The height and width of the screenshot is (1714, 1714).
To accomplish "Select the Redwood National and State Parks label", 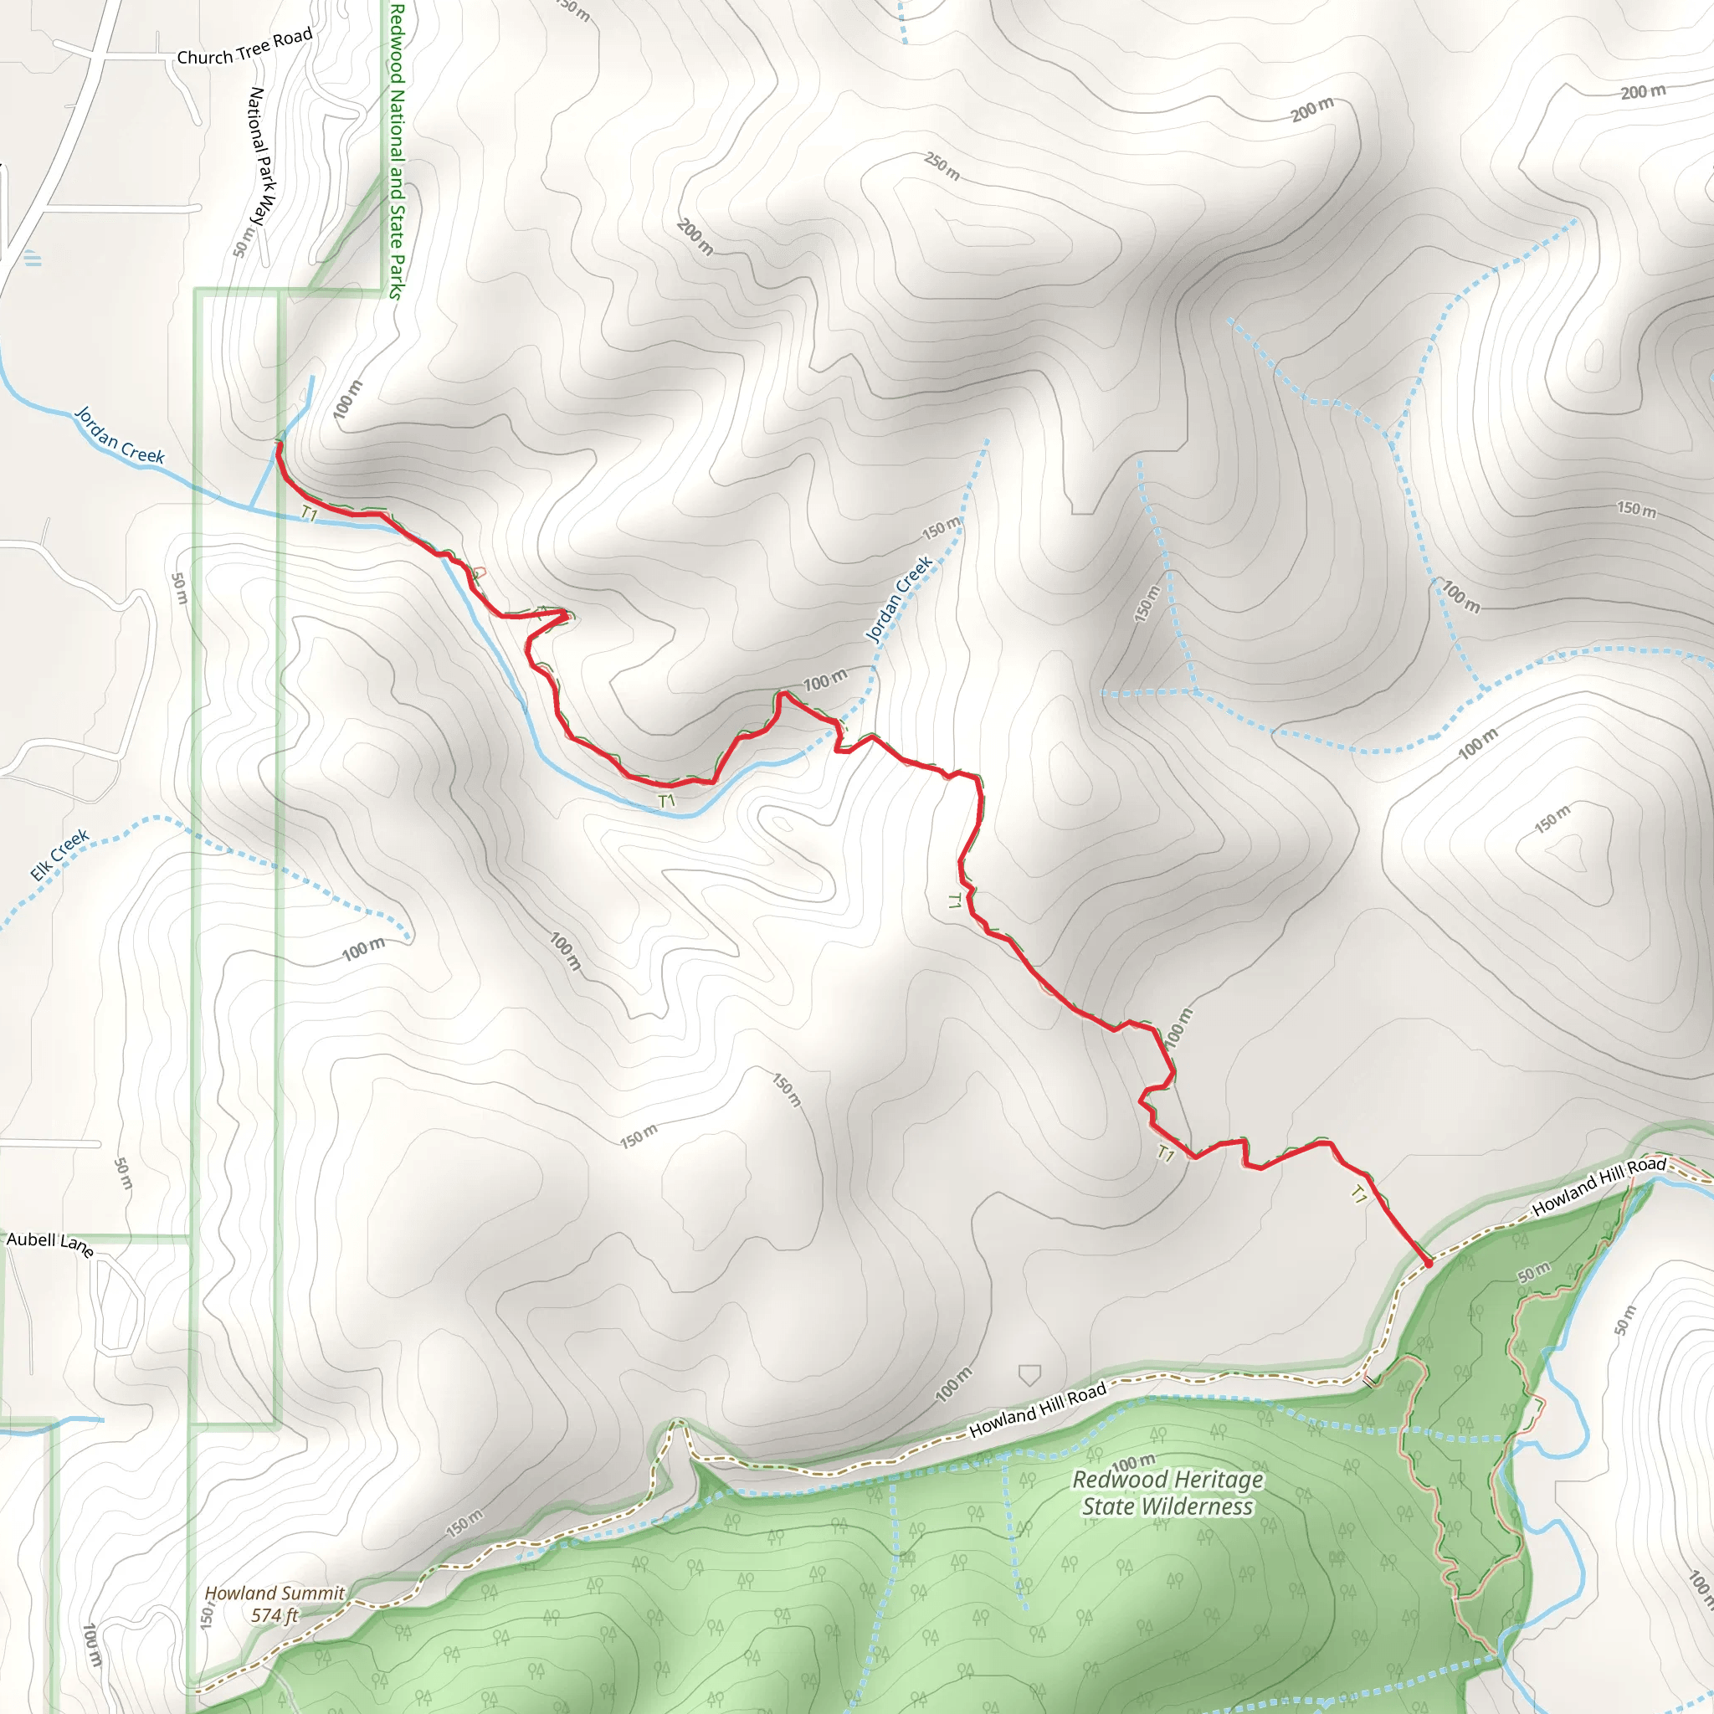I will [397, 151].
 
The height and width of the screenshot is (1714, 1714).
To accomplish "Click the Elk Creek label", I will [59, 854].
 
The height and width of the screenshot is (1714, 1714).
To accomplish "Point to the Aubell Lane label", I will [49, 1243].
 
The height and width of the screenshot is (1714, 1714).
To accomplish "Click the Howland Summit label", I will [275, 1593].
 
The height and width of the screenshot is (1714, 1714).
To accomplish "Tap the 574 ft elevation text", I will [275, 1615].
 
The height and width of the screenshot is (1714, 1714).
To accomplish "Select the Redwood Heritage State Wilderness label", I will [1167, 1492].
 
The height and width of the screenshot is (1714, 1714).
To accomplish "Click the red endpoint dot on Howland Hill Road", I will [1428, 1262].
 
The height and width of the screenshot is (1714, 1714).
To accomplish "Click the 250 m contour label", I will [942, 166].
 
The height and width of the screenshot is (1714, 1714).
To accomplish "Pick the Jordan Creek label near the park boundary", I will [120, 435].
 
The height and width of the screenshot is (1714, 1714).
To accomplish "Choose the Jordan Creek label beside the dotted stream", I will [899, 598].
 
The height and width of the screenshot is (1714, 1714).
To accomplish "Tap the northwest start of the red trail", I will [279, 444].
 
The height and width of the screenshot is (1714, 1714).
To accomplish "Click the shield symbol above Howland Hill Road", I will [1029, 1375].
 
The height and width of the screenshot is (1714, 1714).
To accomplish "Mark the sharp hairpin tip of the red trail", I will [566, 612].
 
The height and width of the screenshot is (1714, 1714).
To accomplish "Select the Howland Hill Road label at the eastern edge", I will [1599, 1185].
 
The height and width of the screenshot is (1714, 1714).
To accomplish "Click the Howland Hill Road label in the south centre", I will [1037, 1409].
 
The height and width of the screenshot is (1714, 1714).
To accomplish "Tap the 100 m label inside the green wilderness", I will [1133, 1461].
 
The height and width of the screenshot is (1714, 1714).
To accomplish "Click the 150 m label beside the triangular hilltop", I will [1552, 818].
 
